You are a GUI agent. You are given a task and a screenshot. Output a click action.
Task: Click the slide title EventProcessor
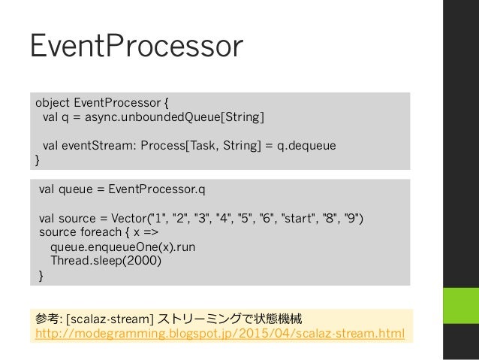(x=137, y=46)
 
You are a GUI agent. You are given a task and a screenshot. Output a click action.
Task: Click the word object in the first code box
(x=53, y=103)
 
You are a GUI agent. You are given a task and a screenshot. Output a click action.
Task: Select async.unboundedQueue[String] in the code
(x=174, y=117)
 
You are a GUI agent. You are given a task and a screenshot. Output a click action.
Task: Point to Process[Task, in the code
(x=178, y=146)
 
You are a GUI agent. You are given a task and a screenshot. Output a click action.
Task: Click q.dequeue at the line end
(x=306, y=146)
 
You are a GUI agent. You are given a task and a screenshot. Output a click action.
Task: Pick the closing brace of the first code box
(x=38, y=160)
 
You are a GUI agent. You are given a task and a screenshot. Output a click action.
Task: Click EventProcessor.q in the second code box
(x=157, y=189)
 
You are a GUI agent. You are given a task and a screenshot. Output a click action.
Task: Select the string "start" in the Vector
(x=299, y=219)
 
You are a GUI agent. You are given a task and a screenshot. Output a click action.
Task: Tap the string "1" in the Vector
(x=158, y=219)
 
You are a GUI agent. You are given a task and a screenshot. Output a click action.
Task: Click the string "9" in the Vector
(x=351, y=219)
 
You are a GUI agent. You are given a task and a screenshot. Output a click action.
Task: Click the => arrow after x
(x=151, y=232)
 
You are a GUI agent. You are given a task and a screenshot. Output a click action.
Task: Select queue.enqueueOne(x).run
(x=123, y=247)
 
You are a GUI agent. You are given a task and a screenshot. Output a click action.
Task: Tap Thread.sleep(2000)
(x=106, y=261)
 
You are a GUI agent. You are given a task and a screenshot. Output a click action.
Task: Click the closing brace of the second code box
(x=41, y=276)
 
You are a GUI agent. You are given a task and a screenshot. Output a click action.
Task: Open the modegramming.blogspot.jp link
(x=220, y=333)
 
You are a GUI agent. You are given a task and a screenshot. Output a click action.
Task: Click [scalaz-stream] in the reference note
(x=110, y=319)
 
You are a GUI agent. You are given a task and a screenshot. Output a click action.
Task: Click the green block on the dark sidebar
(x=461, y=306)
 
